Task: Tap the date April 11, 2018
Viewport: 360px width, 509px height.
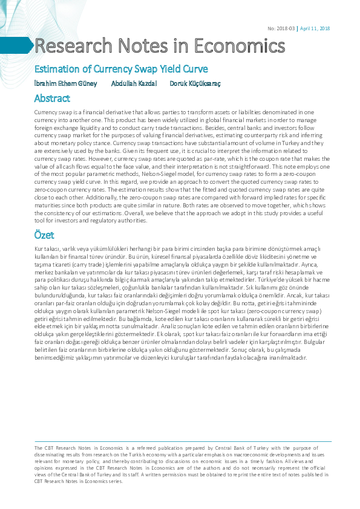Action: click(x=315, y=29)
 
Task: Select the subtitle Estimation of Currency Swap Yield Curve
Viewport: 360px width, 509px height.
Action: click(x=121, y=69)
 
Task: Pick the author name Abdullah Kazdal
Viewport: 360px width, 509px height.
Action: click(x=134, y=83)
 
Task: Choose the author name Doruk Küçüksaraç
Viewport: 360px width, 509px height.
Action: click(x=195, y=83)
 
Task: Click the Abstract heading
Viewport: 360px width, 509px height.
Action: click(x=53, y=98)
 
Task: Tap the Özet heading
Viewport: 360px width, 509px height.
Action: click(x=45, y=235)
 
